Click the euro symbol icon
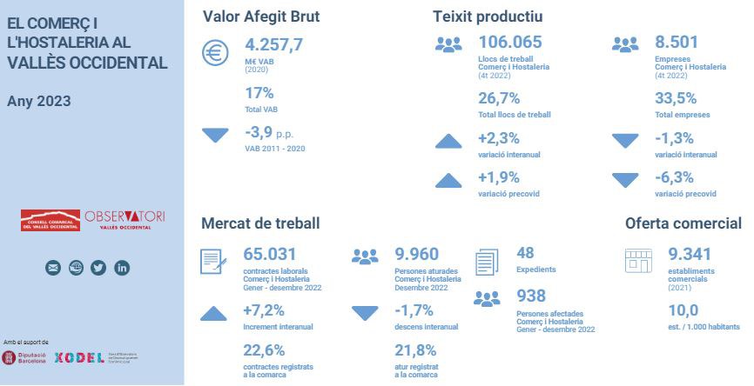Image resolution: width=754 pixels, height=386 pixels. pyautogui.click(x=214, y=54)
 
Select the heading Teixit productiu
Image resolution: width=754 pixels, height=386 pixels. pyautogui.click(x=488, y=16)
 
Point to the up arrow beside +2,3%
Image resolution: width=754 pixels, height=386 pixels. pyautogui.click(x=448, y=140)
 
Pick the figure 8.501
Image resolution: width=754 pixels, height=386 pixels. pyautogui.click(x=677, y=43)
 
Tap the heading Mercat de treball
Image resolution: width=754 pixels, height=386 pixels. pyautogui.click(x=260, y=223)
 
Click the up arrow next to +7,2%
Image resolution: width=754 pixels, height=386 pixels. pyautogui.click(x=214, y=313)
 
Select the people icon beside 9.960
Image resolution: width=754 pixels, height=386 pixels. pyautogui.click(x=365, y=256)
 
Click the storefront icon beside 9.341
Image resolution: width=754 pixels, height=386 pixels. pyautogui.click(x=639, y=259)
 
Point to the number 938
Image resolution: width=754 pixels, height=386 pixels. pyautogui.click(x=531, y=296)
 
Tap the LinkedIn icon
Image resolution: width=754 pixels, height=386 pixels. pyautogui.click(x=122, y=268)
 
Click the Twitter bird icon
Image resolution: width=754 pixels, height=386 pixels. pyautogui.click(x=98, y=268)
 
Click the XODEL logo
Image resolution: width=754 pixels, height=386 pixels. pyautogui.click(x=78, y=357)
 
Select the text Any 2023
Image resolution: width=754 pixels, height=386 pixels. pyautogui.click(x=39, y=101)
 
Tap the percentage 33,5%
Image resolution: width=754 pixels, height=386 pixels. pyautogui.click(x=676, y=97)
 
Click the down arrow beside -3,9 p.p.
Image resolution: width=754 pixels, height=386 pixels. pyautogui.click(x=214, y=135)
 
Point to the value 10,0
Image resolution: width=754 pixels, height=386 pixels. pyautogui.click(x=683, y=310)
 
